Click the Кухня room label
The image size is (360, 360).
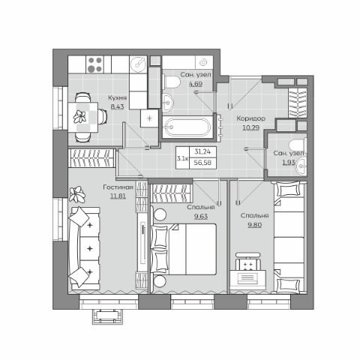coord(117,97)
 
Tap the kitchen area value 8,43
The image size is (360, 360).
coord(117,107)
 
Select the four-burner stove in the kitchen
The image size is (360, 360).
coord(95,64)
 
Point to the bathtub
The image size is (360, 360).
coord(187,127)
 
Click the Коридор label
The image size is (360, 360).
coord(251,118)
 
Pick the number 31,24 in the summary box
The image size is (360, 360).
coord(202,151)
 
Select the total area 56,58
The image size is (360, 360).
coord(202,163)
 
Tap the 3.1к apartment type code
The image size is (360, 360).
coord(182,158)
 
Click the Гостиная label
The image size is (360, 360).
coord(118,187)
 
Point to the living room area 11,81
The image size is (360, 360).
coord(118,196)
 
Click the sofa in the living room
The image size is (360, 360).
coord(84,248)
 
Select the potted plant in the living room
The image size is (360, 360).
coord(77,194)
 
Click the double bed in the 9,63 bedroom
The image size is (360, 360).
coord(183,249)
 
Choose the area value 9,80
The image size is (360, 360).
coord(255,225)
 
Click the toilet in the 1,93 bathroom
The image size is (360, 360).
coord(298,145)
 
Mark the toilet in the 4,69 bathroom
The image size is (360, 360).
coord(172,82)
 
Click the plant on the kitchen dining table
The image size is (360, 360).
coord(80,116)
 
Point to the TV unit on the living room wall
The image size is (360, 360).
coord(143,243)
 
